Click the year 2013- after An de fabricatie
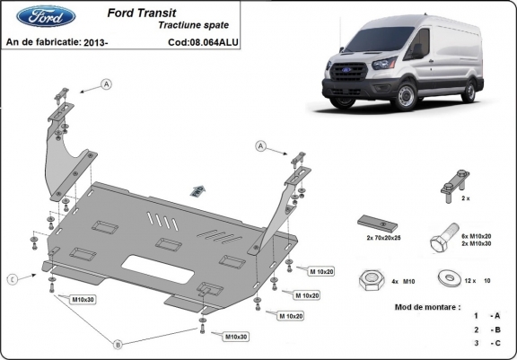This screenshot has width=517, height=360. click(x=95, y=41)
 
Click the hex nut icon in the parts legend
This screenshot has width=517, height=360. click(x=370, y=279)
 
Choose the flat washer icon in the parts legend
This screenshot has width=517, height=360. click(x=446, y=278)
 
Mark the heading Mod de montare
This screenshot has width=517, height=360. click(x=427, y=307)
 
